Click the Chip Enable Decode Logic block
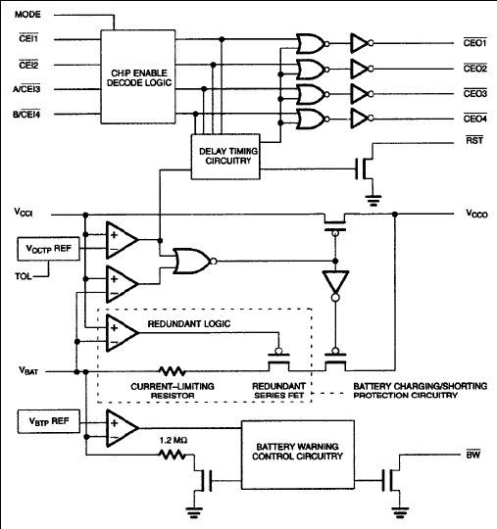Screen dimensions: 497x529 click(x=138, y=77)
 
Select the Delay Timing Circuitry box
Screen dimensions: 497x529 click(x=225, y=157)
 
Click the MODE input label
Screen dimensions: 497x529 click(x=27, y=15)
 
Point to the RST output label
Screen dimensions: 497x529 click(x=474, y=140)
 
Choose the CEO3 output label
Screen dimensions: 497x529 click(x=475, y=93)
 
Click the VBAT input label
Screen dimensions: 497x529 click(x=28, y=370)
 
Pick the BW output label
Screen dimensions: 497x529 click(x=473, y=455)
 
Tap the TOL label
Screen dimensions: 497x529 click(x=24, y=276)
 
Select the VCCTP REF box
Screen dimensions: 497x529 click(x=49, y=249)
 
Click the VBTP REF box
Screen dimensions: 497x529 click(x=49, y=421)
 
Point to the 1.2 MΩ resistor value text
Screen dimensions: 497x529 click(x=174, y=440)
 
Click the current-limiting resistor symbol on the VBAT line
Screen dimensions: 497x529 click(x=173, y=371)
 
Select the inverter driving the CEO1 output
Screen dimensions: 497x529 click(x=362, y=43)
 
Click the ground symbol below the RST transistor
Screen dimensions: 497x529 click(x=373, y=200)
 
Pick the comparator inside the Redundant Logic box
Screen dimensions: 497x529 click(x=123, y=333)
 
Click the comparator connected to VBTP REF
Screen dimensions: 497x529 click(x=123, y=428)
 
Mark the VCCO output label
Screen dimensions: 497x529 click(x=476, y=214)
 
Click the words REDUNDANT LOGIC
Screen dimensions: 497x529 click(x=189, y=324)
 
